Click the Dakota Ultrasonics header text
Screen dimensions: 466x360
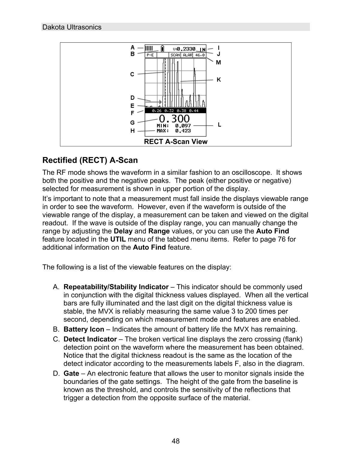pos(72,27)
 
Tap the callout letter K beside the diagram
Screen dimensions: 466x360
pos(219,80)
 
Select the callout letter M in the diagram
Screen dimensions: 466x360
pos(218,62)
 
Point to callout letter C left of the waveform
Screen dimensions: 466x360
pos(132,74)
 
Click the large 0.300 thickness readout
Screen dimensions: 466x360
pos(174,119)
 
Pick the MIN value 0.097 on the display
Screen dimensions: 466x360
pos(183,126)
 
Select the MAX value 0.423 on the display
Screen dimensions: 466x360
pos(183,131)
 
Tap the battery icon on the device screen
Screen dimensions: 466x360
pos(162,49)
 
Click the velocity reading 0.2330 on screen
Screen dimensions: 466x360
pos(186,49)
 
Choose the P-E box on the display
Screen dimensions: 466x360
pos(150,55)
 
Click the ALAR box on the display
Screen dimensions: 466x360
pos(187,55)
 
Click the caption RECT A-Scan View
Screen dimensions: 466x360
pos(175,142)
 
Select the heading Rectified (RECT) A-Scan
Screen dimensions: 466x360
pos(90,160)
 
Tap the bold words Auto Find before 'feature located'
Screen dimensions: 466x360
pos(272,231)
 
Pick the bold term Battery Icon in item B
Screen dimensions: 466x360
pos(84,329)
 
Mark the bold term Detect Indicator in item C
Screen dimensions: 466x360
pos(90,339)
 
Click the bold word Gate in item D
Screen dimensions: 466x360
pos(71,374)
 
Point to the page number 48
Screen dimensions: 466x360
pos(176,441)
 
